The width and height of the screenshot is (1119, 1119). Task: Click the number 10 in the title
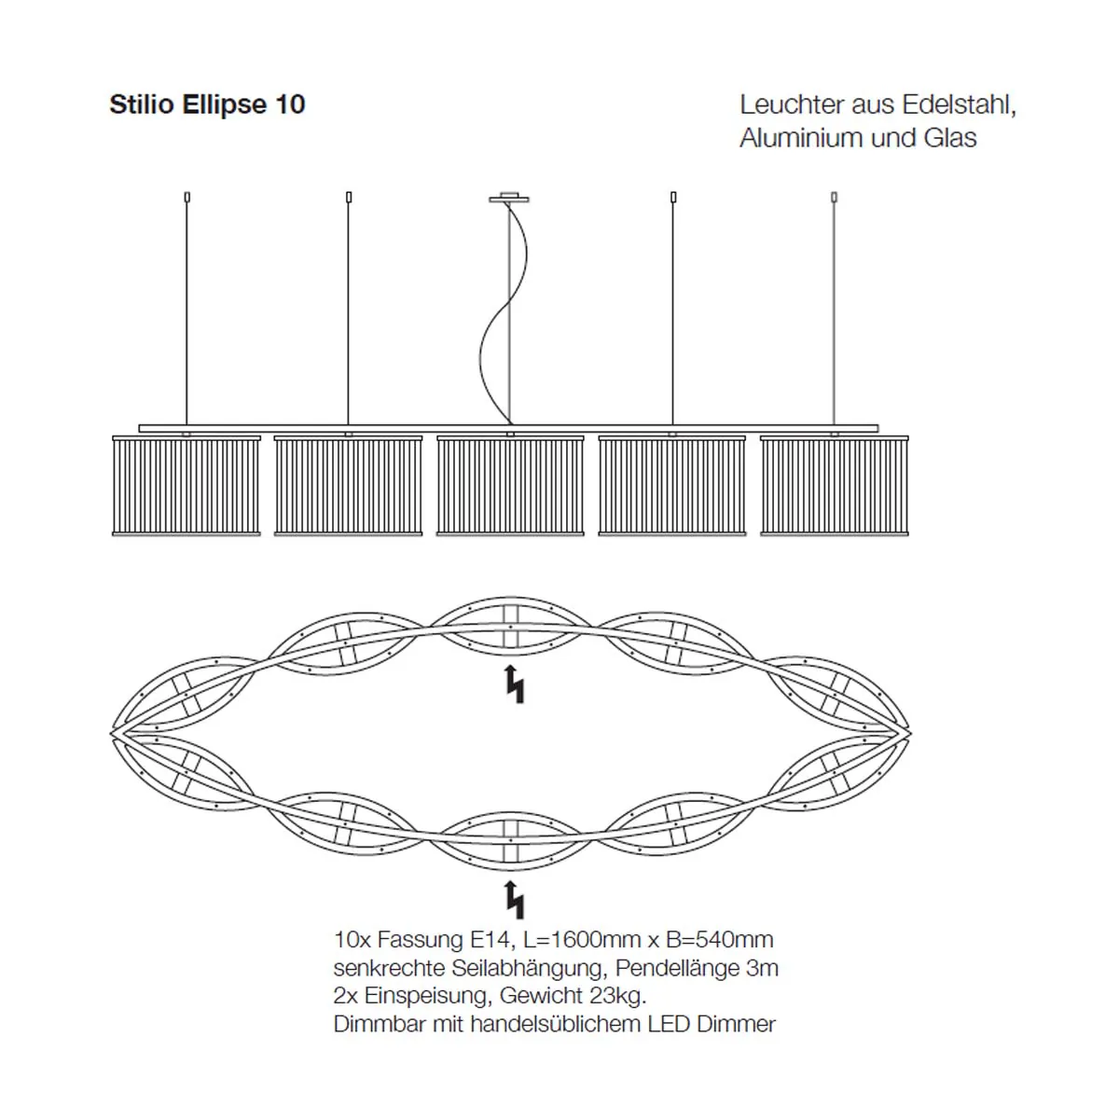(290, 104)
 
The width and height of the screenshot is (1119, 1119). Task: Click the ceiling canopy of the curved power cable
(509, 198)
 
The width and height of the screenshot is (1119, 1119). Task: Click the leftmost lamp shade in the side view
(186, 485)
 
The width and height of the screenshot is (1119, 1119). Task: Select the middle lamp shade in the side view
(510, 485)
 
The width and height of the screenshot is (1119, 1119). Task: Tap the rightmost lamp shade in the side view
(835, 485)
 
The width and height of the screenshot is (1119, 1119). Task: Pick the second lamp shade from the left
(349, 485)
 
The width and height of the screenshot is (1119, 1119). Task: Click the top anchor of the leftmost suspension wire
(187, 197)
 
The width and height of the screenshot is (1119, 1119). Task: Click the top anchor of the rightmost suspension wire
(835, 197)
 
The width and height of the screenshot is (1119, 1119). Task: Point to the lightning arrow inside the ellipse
(514, 684)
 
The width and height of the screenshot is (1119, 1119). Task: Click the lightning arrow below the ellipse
(514, 899)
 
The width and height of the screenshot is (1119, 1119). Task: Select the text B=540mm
(720, 939)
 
